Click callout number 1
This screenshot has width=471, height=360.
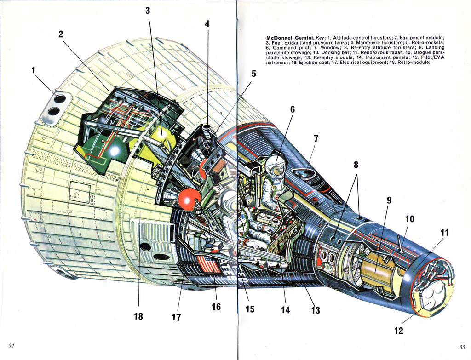click(x=33, y=70)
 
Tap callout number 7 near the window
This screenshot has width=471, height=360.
click(x=316, y=139)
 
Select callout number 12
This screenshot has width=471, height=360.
click(x=398, y=331)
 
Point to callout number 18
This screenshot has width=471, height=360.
click(x=138, y=316)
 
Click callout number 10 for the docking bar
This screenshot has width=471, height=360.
click(x=409, y=219)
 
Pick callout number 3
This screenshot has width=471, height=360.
click(x=148, y=11)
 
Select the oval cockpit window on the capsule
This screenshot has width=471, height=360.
click(x=304, y=173)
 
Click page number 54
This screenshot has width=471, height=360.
click(x=11, y=345)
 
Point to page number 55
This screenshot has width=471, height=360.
click(x=462, y=347)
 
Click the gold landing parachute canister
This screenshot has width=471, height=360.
click(x=375, y=268)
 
